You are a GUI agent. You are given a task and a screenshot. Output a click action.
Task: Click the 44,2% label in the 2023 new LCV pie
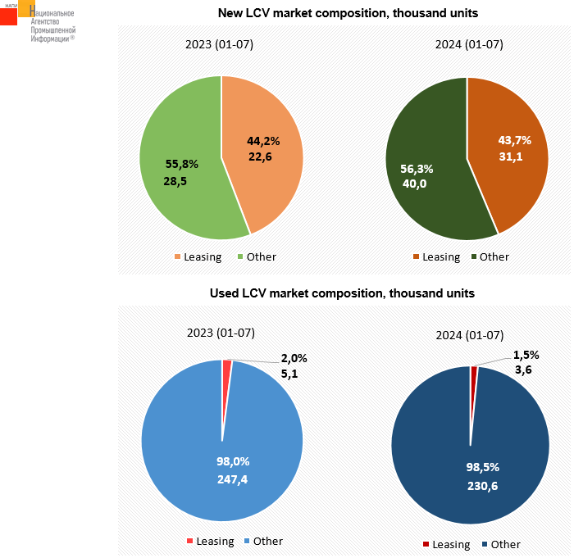pos(264,140)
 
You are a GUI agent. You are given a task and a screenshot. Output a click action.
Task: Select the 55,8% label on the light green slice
pos(181,164)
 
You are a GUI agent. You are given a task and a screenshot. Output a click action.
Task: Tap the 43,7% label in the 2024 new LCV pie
pos(515,139)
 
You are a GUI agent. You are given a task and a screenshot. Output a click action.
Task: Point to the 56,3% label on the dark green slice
pos(417,168)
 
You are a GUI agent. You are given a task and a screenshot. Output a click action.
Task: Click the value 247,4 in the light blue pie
pos(232,479)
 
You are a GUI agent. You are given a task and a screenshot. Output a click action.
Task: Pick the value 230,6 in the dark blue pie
pos(482,485)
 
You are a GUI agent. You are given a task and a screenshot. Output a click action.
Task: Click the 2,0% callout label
pos(294,358)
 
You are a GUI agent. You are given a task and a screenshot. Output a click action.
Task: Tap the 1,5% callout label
pos(526,355)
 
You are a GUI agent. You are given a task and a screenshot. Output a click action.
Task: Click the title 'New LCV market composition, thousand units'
pos(348,13)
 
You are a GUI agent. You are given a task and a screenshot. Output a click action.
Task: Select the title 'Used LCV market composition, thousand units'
pos(342,293)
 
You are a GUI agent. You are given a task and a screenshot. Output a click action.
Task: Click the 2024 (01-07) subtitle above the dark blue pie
pos(469,335)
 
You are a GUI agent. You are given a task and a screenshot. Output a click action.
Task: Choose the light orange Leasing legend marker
pos(177,257)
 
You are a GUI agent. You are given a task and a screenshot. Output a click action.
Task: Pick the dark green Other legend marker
pos(474,257)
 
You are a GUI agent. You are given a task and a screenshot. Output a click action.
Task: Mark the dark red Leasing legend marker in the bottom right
pos(426,544)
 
